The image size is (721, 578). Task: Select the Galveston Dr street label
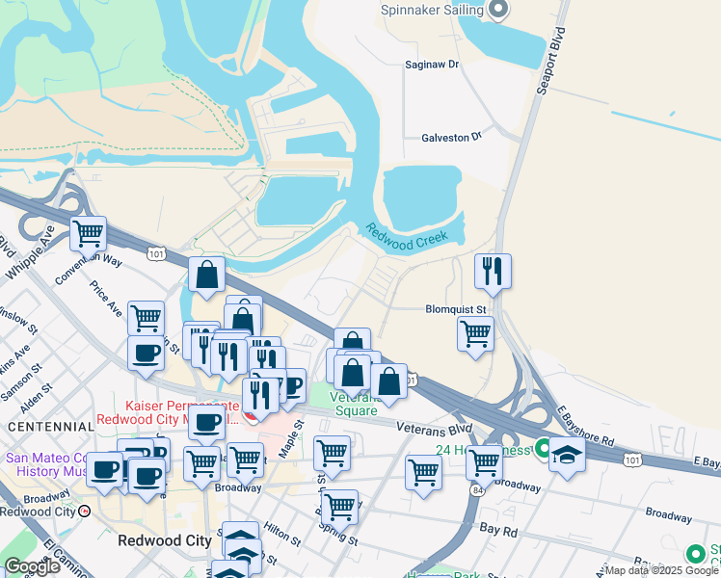450,138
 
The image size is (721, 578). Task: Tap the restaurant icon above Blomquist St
494,272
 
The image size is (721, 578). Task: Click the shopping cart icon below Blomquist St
475,333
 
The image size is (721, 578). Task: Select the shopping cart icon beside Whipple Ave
88,232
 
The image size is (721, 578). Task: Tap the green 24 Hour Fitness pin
544,449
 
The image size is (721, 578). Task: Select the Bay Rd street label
497,531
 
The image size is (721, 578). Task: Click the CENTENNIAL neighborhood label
45,426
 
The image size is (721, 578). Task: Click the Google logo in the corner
32,566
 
